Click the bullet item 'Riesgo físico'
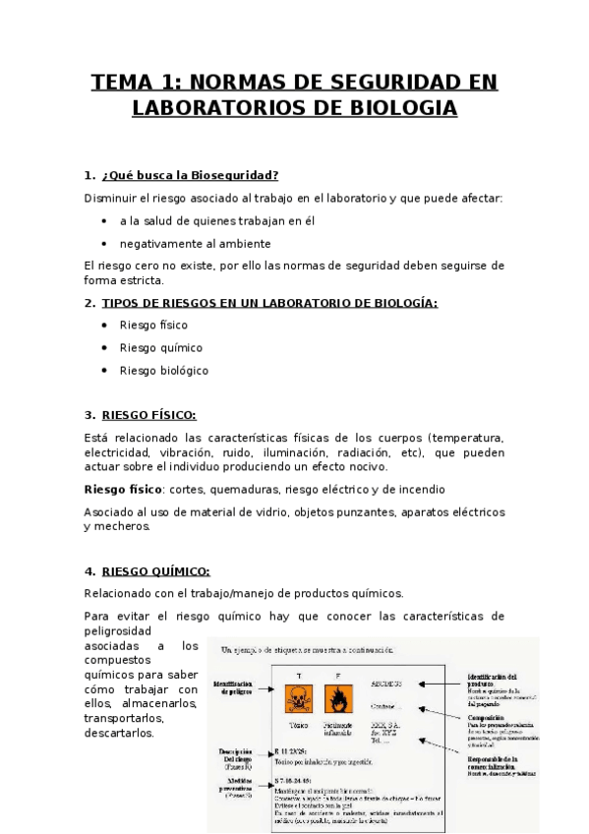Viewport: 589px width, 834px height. click(153, 325)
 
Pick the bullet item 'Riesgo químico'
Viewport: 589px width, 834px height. click(161, 347)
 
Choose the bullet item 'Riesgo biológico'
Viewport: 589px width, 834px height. click(164, 371)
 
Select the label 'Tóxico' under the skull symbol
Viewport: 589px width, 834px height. click(298, 725)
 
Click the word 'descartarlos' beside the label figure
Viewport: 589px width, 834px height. click(120, 733)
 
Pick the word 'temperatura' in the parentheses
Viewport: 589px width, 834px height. click(469, 437)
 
